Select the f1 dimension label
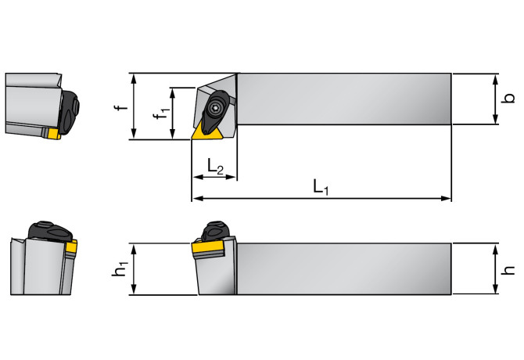click(x=160, y=114)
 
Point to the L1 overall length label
click(x=321, y=186)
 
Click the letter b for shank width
click(x=508, y=99)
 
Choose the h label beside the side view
click(x=509, y=269)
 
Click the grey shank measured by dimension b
click(x=344, y=99)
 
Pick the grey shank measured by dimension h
click(x=344, y=269)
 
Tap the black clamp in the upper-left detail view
click(x=69, y=110)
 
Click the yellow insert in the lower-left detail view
click(x=71, y=248)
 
